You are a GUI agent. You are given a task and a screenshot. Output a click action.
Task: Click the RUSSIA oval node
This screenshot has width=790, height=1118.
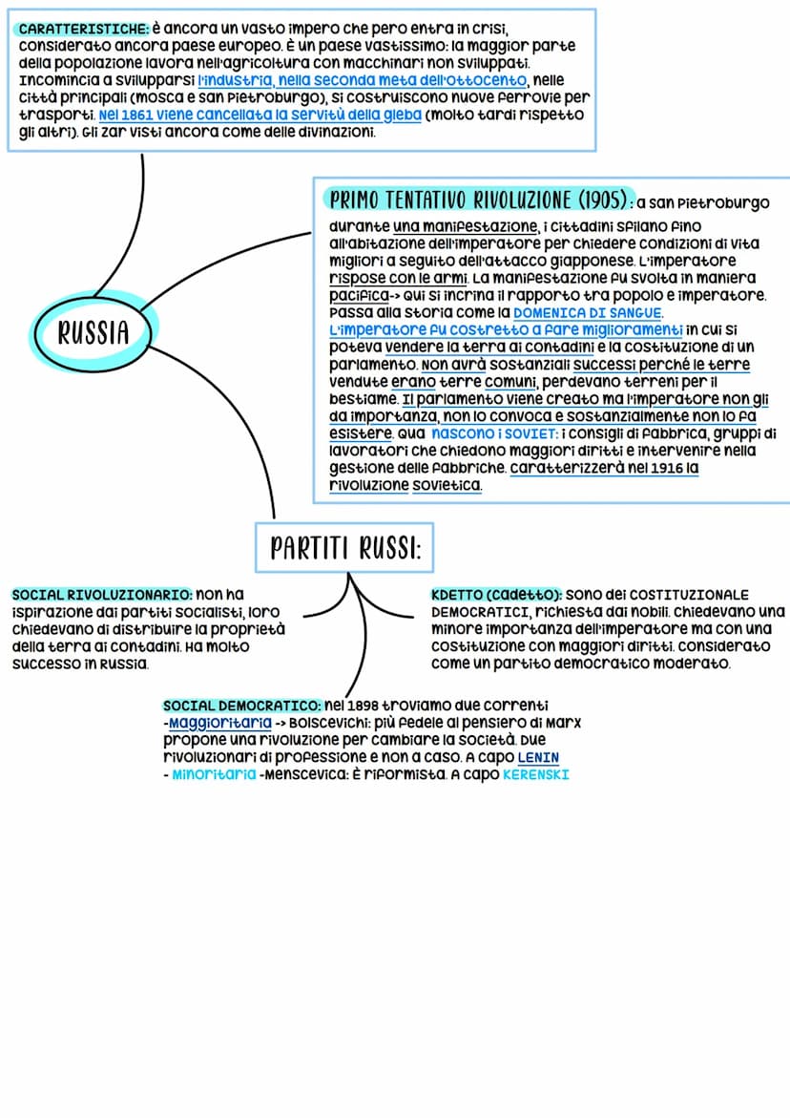coord(93,332)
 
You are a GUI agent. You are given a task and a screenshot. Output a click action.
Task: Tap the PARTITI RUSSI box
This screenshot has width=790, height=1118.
coord(344,548)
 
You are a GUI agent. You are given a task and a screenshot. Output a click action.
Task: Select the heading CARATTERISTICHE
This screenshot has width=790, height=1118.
coord(80,30)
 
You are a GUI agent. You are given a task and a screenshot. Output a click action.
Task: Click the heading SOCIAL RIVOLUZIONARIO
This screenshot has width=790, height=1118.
coord(101,595)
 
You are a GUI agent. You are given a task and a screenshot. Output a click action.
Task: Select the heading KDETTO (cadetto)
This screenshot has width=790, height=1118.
coord(495,595)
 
